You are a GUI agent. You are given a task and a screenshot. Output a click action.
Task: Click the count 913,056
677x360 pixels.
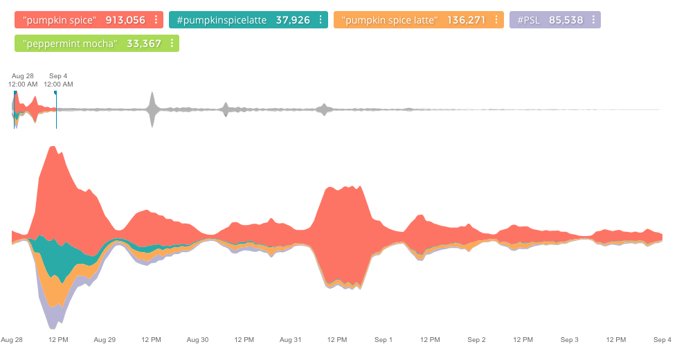[125, 20]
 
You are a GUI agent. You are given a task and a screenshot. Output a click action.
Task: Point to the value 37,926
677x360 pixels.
[293, 20]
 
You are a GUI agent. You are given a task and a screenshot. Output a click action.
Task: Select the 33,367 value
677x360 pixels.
[144, 44]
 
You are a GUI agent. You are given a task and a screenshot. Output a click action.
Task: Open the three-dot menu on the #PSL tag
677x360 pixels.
[594, 20]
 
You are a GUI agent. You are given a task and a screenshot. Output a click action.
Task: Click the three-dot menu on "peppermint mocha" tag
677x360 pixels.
[172, 44]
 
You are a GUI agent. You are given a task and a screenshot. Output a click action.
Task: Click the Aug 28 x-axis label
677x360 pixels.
[12, 340]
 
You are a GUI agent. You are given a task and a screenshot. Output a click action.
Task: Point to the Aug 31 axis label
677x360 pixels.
[290, 340]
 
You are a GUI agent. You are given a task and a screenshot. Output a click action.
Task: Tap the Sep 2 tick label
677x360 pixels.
[476, 340]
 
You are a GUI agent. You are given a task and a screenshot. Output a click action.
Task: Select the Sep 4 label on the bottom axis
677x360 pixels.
[662, 340]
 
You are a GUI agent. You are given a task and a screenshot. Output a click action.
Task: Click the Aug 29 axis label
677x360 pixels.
[105, 340]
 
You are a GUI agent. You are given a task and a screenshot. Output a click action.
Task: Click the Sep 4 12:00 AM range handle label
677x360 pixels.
[58, 80]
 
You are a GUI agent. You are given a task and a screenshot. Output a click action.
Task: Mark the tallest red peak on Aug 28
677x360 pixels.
[53, 147]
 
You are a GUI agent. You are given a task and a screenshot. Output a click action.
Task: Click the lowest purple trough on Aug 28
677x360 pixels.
[53, 327]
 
